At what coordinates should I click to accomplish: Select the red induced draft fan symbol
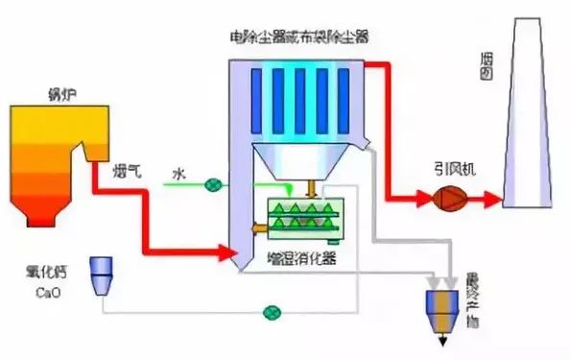pos(447,200)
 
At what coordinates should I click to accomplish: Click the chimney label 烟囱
pos(487,67)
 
